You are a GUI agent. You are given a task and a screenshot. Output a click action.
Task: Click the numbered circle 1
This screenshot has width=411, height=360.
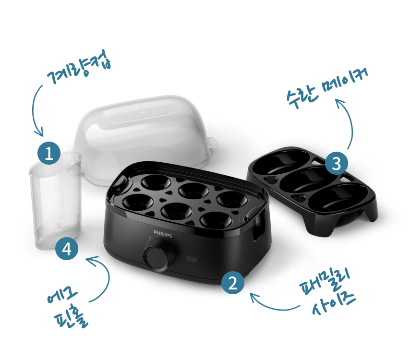pos(49,153)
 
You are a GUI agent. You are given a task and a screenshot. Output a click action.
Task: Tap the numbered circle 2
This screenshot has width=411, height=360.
pos(233,282)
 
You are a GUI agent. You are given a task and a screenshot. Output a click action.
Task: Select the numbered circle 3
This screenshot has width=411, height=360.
pos(337,164)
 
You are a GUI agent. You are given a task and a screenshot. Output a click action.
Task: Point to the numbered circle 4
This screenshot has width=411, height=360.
pos(67,248)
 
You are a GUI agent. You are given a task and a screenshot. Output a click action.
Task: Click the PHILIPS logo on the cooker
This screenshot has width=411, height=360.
pos(163,234)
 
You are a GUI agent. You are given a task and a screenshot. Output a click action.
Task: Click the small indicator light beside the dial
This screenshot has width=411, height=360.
pos(192,259)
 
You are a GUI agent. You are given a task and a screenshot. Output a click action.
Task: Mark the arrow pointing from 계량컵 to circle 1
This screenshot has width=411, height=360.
pos(34,110)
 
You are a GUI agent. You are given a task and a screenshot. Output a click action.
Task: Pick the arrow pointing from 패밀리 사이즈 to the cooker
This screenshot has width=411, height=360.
pos(273,307)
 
